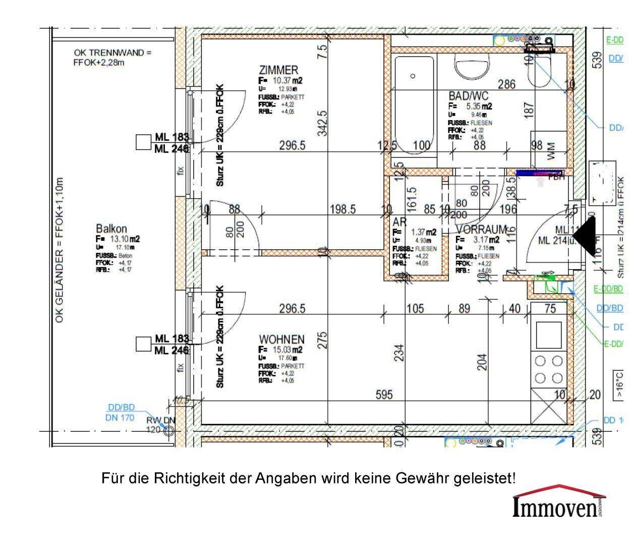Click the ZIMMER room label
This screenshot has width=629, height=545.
(278, 70)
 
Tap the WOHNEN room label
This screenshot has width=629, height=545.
(281, 339)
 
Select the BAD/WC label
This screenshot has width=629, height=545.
(469, 95)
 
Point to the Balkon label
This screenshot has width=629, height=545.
(111, 229)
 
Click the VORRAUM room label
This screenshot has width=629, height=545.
(481, 229)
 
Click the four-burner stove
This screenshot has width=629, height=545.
(549, 369)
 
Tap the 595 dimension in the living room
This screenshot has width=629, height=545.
(384, 394)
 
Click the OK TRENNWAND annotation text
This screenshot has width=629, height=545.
(112, 57)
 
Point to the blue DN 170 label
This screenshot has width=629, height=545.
(120, 417)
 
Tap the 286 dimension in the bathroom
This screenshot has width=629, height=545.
(506, 84)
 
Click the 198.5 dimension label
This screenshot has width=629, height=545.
(343, 209)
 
